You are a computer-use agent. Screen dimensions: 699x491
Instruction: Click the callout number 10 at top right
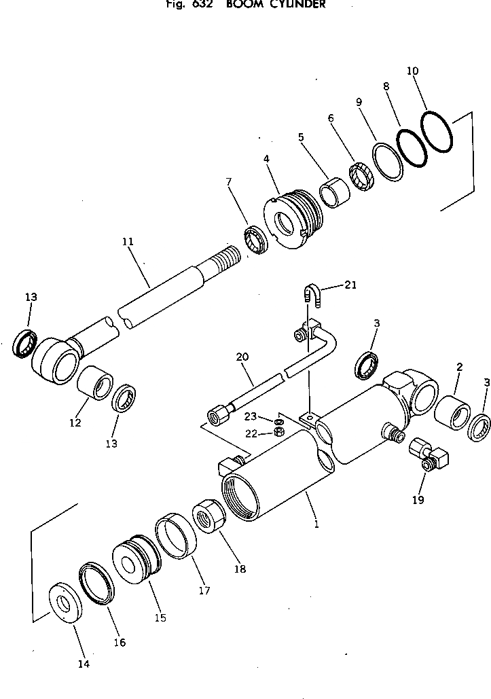(x=413, y=71)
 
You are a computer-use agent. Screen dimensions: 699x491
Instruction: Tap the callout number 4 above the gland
(x=267, y=159)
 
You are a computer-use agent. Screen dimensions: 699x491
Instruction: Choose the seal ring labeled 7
(x=255, y=240)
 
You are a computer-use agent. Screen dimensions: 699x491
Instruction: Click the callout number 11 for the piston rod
(x=128, y=241)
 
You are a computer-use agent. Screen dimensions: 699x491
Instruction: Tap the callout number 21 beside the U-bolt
(x=350, y=285)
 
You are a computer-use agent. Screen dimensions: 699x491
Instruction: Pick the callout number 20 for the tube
(x=242, y=357)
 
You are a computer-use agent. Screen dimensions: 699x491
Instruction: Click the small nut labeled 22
(x=278, y=433)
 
